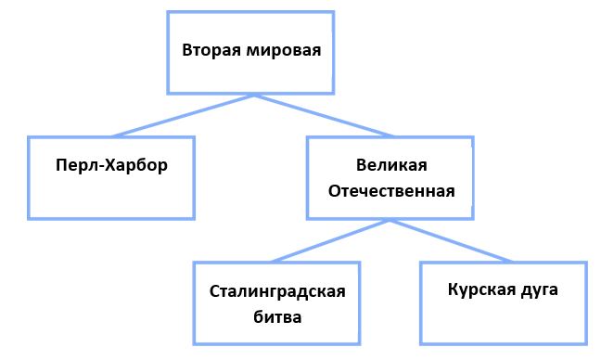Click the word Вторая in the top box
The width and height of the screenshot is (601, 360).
211,50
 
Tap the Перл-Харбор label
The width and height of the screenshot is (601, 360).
111,166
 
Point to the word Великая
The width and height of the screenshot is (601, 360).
391,165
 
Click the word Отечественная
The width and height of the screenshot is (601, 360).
391,191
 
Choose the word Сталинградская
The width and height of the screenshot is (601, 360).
277,291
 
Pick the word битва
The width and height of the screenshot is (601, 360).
277,317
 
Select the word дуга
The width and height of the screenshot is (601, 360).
540,290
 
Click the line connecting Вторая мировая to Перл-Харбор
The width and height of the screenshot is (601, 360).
184,115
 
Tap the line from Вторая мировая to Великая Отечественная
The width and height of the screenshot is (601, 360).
324,115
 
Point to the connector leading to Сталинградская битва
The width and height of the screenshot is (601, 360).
330,240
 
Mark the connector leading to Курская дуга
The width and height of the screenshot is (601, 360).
451,240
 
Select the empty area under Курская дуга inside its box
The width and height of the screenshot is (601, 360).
504,322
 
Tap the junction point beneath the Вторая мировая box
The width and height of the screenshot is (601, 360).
254,95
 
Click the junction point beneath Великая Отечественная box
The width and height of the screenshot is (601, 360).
390,221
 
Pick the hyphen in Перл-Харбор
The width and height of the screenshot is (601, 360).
101,167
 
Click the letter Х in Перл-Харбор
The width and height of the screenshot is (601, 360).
110,165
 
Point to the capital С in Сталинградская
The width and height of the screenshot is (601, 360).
215,291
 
